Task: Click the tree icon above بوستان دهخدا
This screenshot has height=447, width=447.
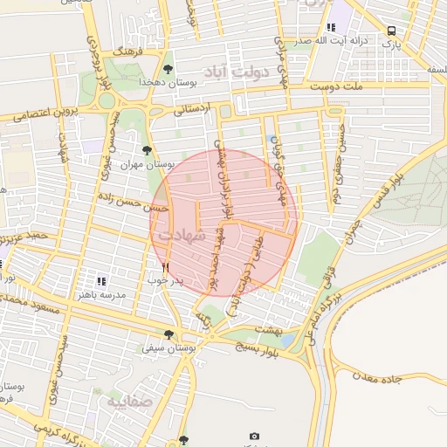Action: pos(168,69)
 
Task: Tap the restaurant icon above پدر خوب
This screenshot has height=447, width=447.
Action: pos(165,267)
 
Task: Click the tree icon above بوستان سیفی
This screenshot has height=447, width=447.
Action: pos(168,334)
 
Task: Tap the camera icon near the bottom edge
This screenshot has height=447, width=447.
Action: pos(254,436)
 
